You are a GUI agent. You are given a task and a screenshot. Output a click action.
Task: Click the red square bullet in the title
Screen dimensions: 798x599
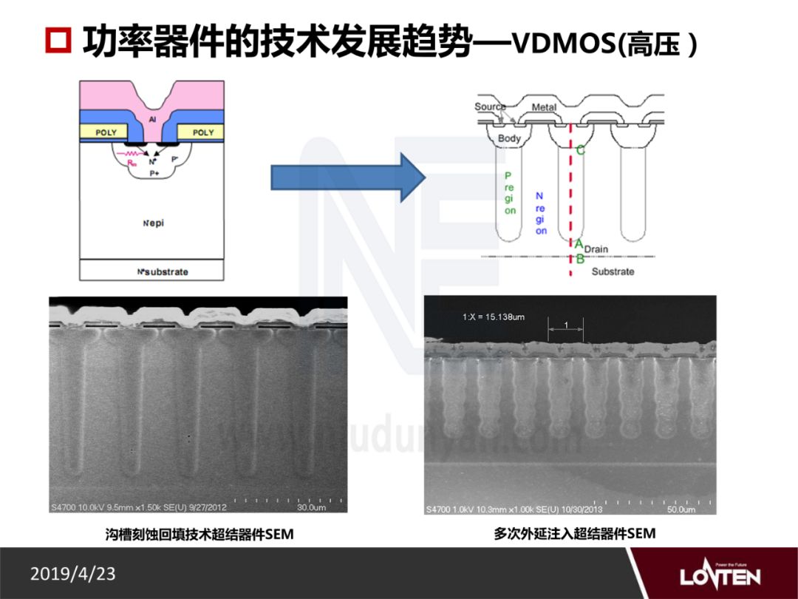[x=57, y=43]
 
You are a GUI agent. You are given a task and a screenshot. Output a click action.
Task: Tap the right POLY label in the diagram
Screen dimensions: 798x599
[x=203, y=132]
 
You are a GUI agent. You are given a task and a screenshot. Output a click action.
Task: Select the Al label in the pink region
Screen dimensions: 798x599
[x=152, y=118]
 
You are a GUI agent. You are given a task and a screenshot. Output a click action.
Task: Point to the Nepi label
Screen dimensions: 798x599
[x=154, y=224]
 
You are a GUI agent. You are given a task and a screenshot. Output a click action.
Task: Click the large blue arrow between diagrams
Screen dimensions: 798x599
[x=348, y=177]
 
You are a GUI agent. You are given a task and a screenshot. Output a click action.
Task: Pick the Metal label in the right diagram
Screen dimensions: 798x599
[x=544, y=108]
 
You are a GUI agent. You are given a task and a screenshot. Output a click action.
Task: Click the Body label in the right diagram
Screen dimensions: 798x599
[x=509, y=138]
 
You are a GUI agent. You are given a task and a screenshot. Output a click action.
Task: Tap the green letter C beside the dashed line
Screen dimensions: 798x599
[x=580, y=151]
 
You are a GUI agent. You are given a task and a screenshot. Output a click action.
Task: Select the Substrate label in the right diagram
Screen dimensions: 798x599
[x=613, y=271]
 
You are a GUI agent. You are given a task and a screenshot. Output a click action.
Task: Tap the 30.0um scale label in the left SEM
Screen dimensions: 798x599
[x=311, y=508]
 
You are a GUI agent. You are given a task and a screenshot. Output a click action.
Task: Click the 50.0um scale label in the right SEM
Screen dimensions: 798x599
[x=681, y=510]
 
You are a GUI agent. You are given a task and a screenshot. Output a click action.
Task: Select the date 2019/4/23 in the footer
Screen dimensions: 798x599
[x=73, y=573]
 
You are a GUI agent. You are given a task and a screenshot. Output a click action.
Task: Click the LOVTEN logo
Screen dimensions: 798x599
[x=719, y=575]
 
